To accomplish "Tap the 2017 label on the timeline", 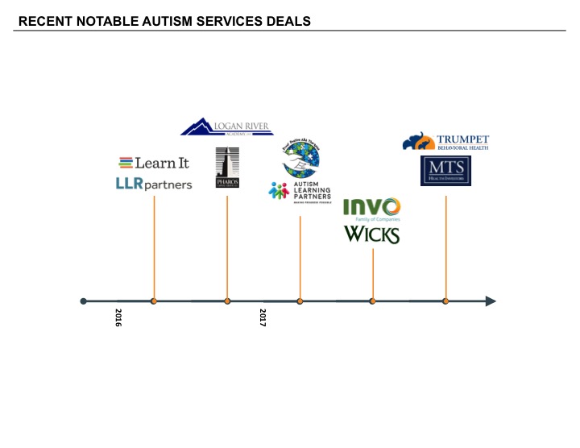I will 263,316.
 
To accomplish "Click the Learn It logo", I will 154,163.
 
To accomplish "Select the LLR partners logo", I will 154,185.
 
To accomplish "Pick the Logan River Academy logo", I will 226,127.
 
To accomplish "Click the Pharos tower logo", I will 227,168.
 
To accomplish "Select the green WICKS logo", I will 372,234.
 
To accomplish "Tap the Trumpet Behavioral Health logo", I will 445,143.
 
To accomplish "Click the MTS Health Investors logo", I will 445,171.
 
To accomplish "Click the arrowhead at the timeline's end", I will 490,301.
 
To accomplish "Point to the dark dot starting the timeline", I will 84,301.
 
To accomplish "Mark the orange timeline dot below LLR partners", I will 154,301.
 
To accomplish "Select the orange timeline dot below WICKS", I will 372,301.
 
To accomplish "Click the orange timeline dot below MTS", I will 445,301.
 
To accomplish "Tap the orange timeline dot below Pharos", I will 227,301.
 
